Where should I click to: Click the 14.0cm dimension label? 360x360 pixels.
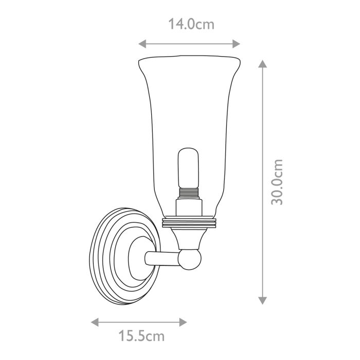click(x=191, y=24)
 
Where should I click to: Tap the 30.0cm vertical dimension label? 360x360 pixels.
click(x=278, y=182)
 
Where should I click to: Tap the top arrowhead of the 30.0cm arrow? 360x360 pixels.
click(x=262, y=64)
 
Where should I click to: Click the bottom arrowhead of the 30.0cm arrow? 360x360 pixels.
click(x=262, y=300)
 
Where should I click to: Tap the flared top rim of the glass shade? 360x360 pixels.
click(x=190, y=58)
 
